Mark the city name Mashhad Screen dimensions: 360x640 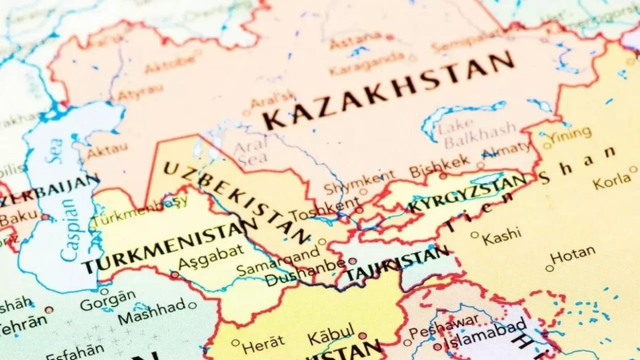coord(152,312)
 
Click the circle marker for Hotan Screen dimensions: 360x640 coord(549,268)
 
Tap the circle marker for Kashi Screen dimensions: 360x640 coord(475,235)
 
